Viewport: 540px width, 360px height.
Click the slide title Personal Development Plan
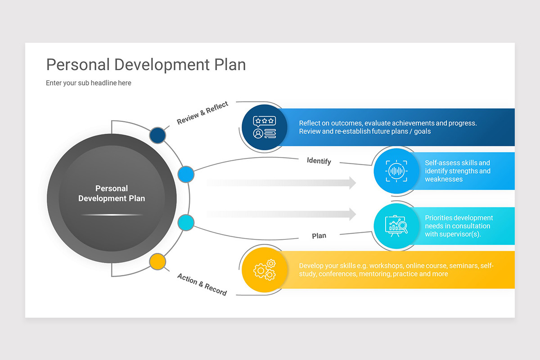coord(146,65)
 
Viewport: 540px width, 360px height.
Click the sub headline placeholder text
coord(89,83)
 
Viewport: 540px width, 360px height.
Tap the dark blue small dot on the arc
coord(157,135)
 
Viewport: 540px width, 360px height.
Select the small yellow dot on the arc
coord(157,261)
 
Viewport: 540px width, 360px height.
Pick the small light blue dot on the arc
coord(186,174)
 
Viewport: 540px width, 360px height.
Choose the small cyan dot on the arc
coord(186,223)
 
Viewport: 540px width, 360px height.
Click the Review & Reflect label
coord(202,113)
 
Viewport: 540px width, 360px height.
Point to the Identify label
coord(319,161)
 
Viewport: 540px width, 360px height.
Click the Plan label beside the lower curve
coord(319,236)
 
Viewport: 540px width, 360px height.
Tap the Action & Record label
coord(202,284)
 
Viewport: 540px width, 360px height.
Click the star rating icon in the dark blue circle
coord(264,127)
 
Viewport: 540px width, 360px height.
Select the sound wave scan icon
coord(396,171)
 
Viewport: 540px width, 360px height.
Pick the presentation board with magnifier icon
coord(396,225)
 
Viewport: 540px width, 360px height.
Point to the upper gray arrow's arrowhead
coord(351,183)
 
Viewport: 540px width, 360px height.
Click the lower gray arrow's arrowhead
coord(351,215)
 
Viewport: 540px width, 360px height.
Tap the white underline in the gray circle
coord(112,215)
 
